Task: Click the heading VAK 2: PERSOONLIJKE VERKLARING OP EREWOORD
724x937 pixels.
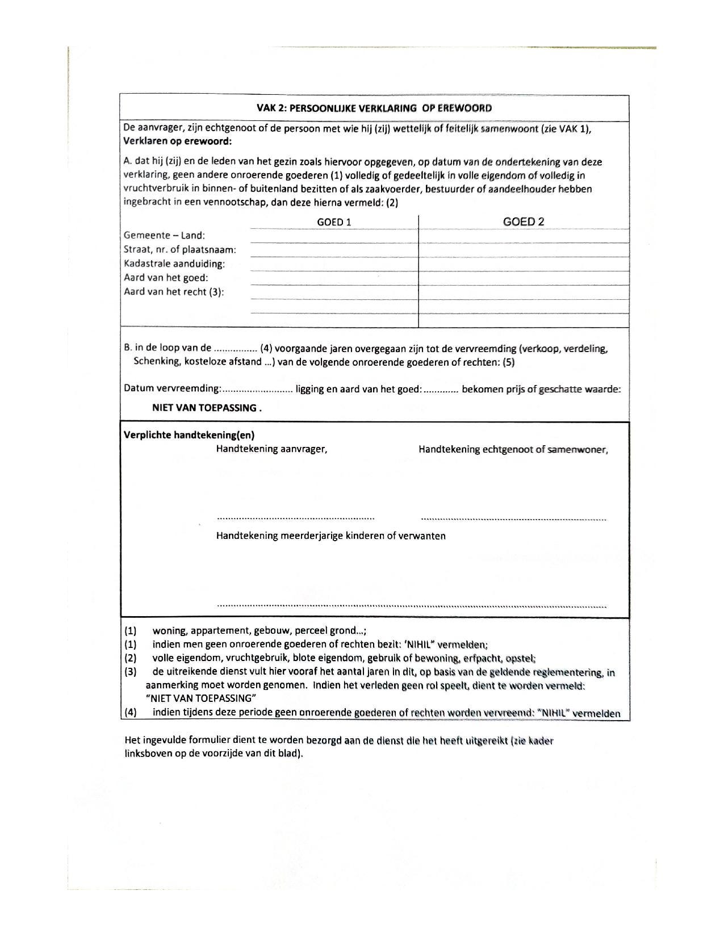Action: click(374, 108)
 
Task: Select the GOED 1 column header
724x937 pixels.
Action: click(334, 222)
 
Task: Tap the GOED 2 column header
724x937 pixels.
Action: click(524, 222)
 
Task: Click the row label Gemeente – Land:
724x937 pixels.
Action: click(165, 235)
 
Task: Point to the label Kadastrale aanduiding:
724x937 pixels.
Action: click(174, 263)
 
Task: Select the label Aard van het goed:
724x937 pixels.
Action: click(166, 278)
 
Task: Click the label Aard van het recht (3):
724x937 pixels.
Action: click(174, 292)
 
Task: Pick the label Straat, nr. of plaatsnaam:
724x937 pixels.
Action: click(180, 249)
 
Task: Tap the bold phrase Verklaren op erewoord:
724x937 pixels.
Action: click(178, 141)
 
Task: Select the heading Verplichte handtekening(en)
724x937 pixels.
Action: click(189, 435)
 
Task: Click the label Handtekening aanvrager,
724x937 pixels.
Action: click(271, 449)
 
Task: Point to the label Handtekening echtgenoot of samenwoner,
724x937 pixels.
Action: click(513, 450)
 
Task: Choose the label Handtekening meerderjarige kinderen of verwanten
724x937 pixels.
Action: click(330, 536)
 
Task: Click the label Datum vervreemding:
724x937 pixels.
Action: click(172, 389)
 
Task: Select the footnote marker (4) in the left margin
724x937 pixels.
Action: click(131, 713)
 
